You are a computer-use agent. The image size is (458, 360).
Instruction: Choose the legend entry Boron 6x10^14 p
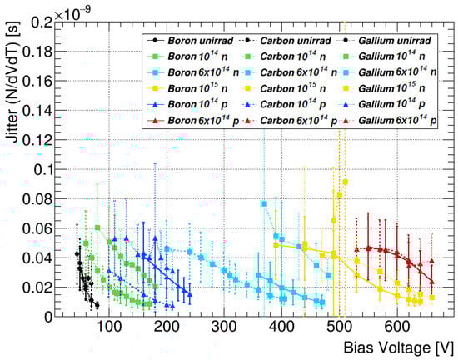pyautogui.click(x=171, y=122)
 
